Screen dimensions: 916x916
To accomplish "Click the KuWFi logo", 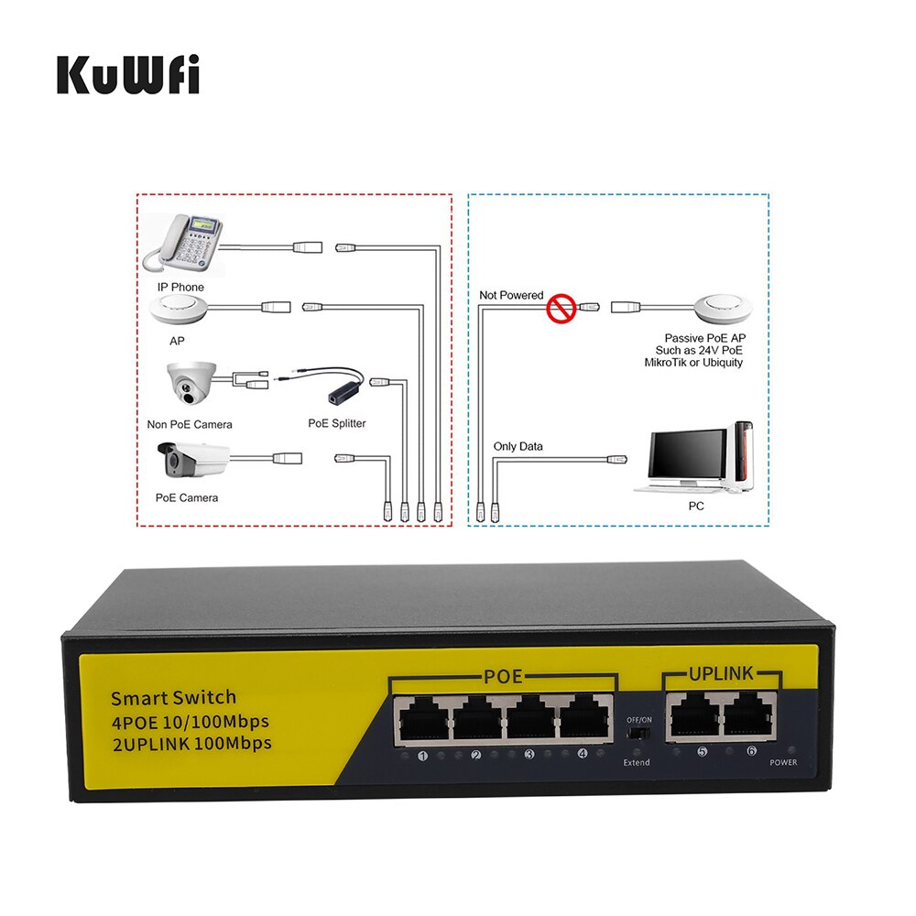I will coord(128,74).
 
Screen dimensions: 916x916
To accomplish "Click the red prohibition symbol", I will coord(558,309).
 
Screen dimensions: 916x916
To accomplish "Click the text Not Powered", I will coord(511,295).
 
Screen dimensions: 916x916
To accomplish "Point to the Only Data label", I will coord(518,446).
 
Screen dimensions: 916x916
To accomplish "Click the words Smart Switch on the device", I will coord(174,697).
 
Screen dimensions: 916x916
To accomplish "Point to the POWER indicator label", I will coord(783,762).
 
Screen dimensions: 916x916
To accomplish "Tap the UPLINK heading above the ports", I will coord(721,674).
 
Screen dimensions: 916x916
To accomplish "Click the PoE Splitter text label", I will coord(336,424).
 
